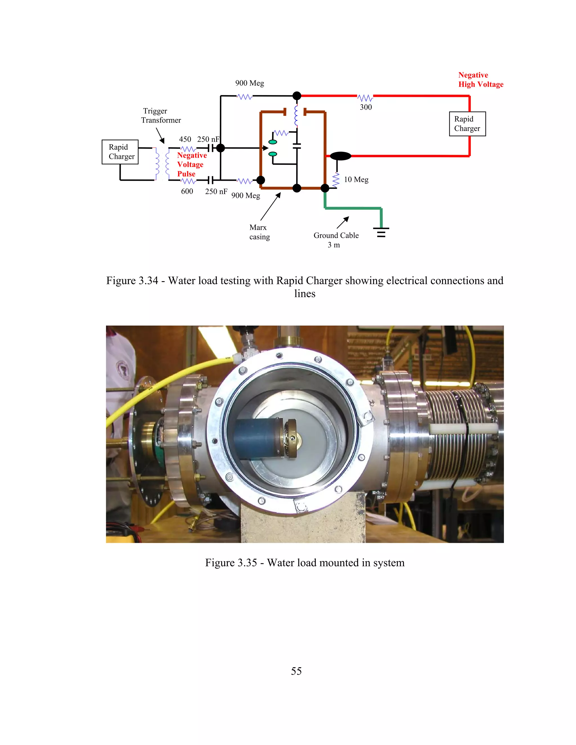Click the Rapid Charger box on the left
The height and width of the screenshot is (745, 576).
[x=120, y=152]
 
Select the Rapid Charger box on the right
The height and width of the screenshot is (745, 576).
[x=467, y=124]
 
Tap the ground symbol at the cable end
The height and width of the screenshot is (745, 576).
[x=381, y=232]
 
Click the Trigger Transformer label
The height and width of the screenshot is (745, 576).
[x=161, y=116]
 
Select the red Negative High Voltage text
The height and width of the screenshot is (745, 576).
[x=480, y=80]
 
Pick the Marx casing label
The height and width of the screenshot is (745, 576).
[x=259, y=232]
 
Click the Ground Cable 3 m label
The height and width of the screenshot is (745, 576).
[x=336, y=240]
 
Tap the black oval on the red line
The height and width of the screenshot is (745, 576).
[x=340, y=156]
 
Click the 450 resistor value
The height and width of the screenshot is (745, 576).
[x=185, y=139]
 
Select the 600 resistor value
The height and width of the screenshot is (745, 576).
[x=187, y=191]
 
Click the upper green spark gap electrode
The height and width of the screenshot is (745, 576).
[x=273, y=142]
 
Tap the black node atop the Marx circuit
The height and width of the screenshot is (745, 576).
[x=297, y=96]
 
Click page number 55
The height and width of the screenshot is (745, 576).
[x=296, y=671]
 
